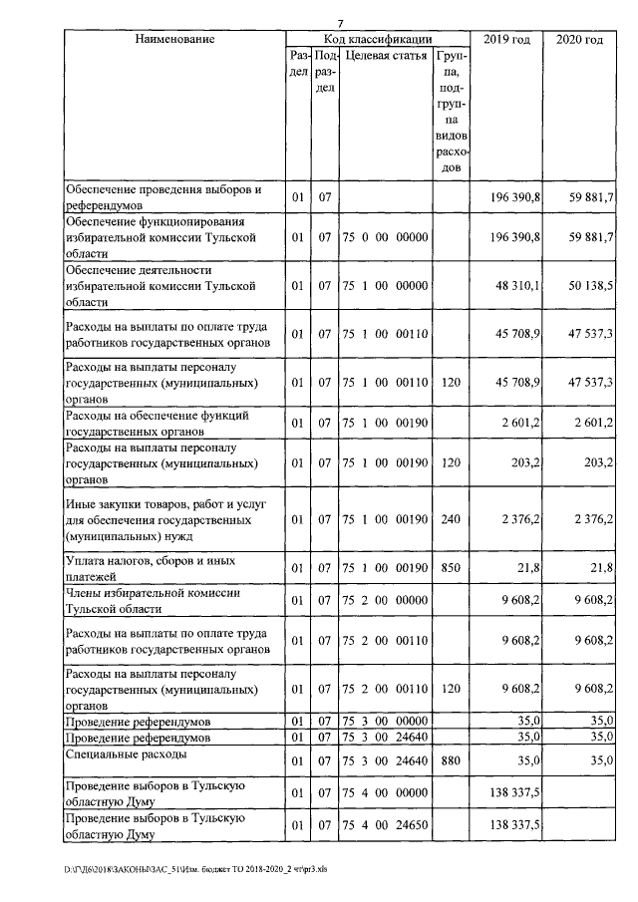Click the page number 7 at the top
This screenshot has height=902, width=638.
pos(340,23)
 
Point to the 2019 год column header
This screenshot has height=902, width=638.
pos(506,39)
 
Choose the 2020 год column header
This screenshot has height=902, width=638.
pos(578,39)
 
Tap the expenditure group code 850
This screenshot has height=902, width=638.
pos(452,568)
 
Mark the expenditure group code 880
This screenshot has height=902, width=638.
pos(452,761)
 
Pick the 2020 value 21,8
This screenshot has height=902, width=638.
pos(597,568)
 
